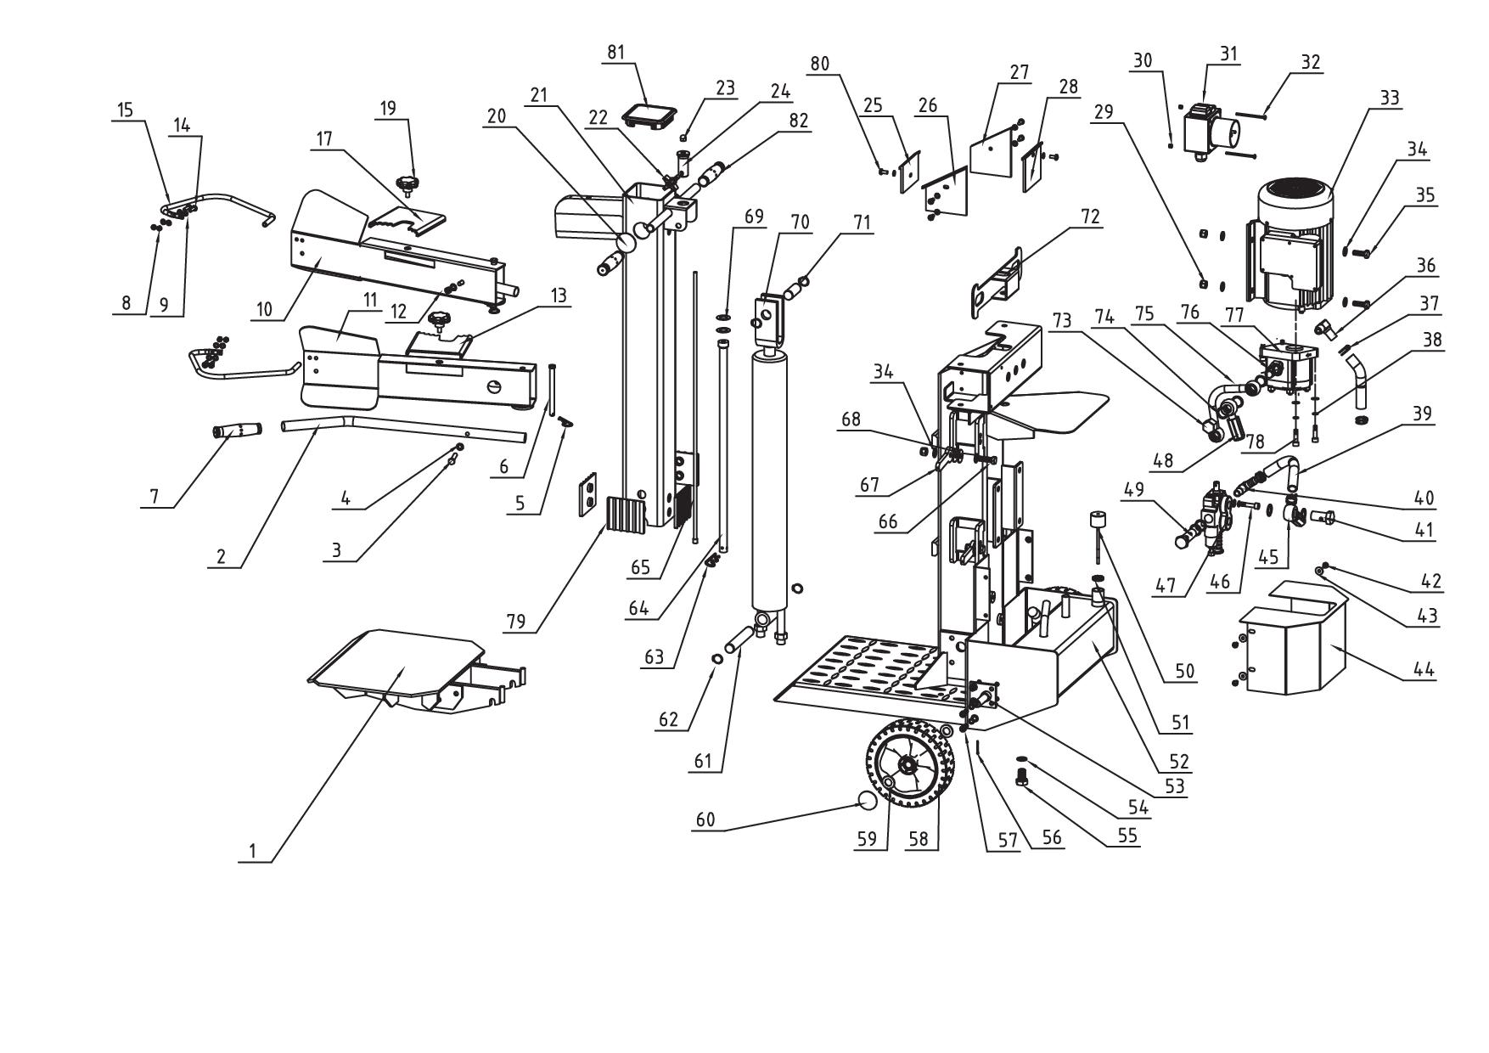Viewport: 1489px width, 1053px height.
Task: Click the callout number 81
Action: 615,53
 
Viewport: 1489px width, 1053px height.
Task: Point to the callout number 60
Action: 705,820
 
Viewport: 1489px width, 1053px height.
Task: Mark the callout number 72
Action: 1089,217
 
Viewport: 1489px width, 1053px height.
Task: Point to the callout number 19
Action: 388,109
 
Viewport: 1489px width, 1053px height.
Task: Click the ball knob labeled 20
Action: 628,241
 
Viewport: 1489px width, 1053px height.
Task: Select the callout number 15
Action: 125,110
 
